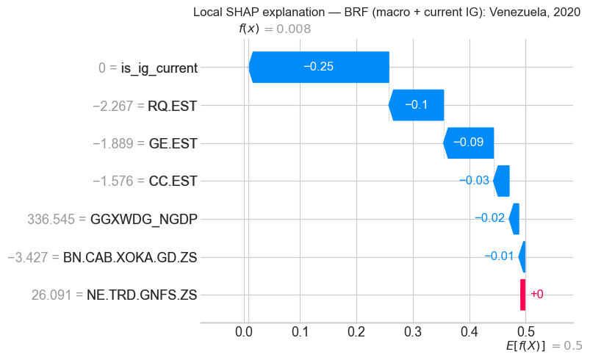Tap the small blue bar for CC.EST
(x=501, y=181)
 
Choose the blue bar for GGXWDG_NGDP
(x=514, y=219)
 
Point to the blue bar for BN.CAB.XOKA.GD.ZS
(x=522, y=256)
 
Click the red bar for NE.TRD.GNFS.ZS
(x=523, y=295)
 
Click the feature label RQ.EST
(x=172, y=105)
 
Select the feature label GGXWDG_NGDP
(x=144, y=219)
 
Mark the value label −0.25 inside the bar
(x=319, y=67)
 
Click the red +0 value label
(x=536, y=295)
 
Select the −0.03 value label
(x=475, y=181)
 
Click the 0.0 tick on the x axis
(x=244, y=333)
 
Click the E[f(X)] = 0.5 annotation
(x=544, y=345)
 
